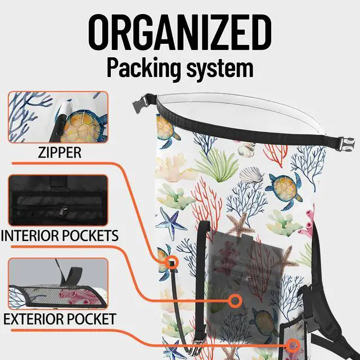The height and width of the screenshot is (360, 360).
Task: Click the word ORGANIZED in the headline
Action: point(180,33)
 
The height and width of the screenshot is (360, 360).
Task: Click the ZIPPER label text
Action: point(60,152)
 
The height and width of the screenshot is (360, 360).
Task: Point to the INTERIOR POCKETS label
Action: point(60,236)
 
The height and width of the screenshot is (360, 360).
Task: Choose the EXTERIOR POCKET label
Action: point(60,319)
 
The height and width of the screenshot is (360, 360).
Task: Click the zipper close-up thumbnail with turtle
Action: point(58,117)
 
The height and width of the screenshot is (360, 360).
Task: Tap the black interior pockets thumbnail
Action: point(58,200)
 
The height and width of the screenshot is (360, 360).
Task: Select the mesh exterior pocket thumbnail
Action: point(58,283)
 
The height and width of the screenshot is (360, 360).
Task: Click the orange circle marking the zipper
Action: point(171,262)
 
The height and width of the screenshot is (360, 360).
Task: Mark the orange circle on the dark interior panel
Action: point(235,301)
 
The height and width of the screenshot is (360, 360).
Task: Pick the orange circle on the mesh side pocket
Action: point(293,346)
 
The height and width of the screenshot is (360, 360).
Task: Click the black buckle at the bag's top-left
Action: point(141,103)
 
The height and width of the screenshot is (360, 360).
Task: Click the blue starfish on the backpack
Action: point(171,223)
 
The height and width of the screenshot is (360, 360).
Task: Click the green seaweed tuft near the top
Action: point(217,165)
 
